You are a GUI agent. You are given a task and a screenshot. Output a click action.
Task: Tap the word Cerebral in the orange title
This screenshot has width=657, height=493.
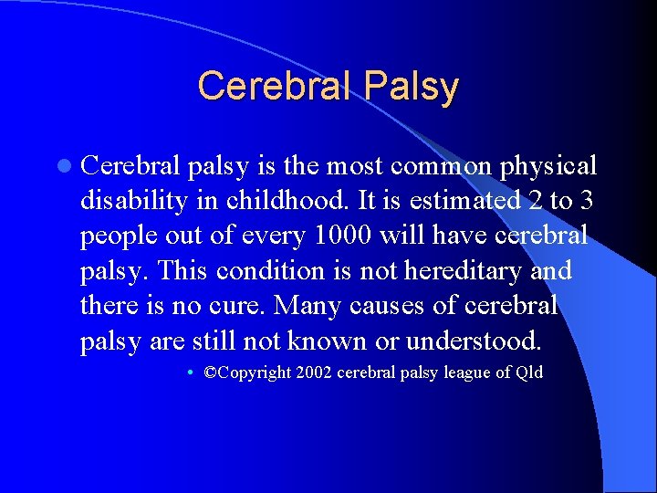click(x=275, y=87)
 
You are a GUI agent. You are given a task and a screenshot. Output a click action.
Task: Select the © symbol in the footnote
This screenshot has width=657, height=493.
click(x=212, y=372)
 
